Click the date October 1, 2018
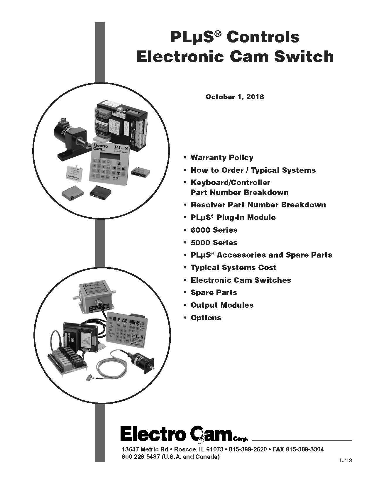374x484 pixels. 235,97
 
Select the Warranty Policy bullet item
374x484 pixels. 222,158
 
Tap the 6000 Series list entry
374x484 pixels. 214,230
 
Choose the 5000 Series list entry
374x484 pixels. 214,243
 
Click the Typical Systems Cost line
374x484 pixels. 233,268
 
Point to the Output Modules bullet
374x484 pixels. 222,305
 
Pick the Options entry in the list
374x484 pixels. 206,318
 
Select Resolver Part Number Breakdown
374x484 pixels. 258,205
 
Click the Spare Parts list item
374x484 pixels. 214,292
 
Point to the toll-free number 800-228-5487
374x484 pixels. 141,457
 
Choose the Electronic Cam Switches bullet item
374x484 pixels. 241,280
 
